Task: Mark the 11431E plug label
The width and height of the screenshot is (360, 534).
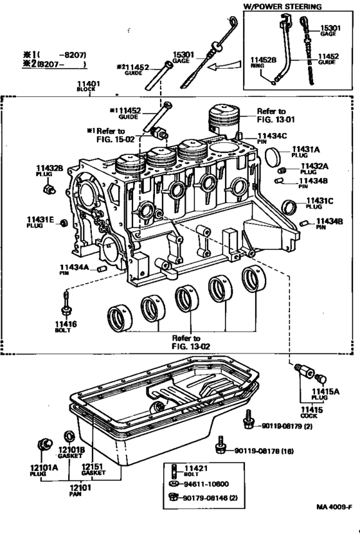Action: click(39, 218)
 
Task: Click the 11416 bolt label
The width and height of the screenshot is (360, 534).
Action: click(66, 324)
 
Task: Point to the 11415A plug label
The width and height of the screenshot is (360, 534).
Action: click(327, 391)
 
